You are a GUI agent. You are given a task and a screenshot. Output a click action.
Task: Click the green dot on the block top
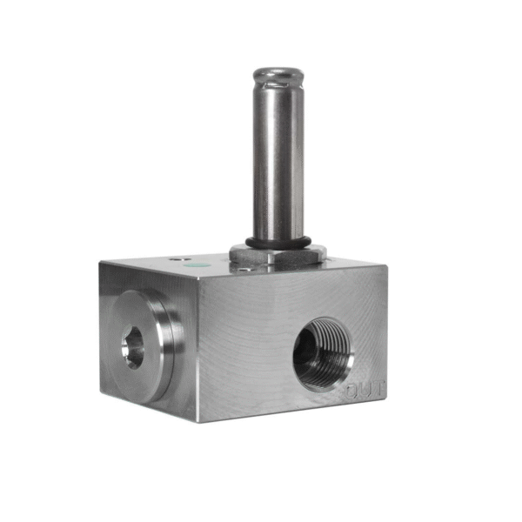[x=198, y=265]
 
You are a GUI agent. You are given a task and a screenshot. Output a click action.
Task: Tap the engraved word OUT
[x=365, y=390]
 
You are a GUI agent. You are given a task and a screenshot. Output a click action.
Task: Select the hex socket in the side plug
[x=133, y=347]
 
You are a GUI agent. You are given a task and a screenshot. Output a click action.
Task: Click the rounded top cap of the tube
[x=278, y=75]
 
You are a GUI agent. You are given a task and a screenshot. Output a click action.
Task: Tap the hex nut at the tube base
[x=277, y=253]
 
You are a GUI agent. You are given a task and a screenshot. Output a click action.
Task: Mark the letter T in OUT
[x=378, y=388]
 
